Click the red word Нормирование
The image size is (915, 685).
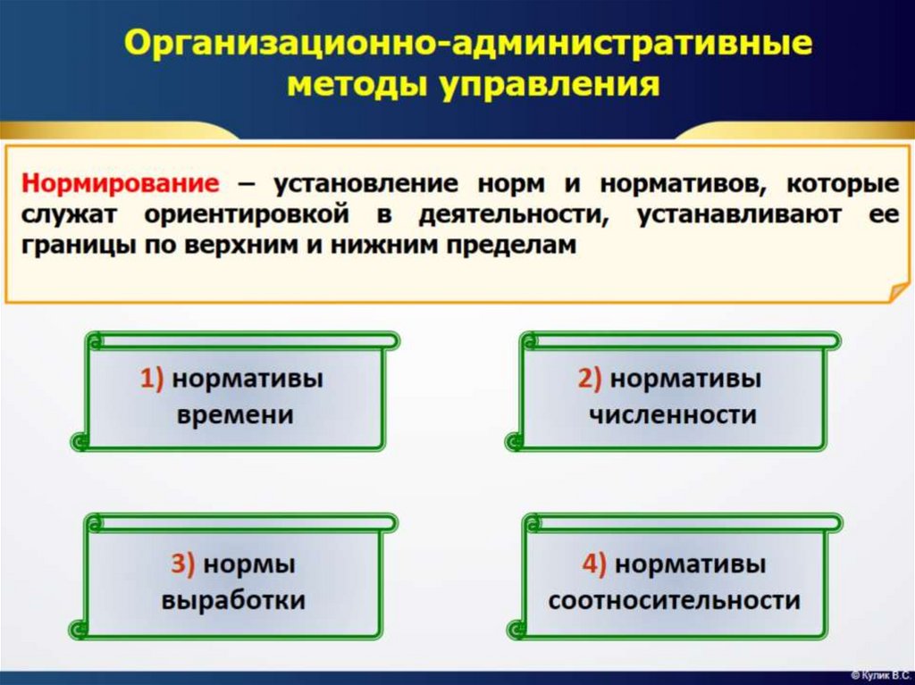tap(120, 185)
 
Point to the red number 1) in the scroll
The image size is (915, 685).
tap(151, 379)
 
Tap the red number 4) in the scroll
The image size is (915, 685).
tap(594, 564)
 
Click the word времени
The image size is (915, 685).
tap(236, 415)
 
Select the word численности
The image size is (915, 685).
tap(673, 415)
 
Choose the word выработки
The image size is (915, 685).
tap(233, 600)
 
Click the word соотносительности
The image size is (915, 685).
tap(674, 600)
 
